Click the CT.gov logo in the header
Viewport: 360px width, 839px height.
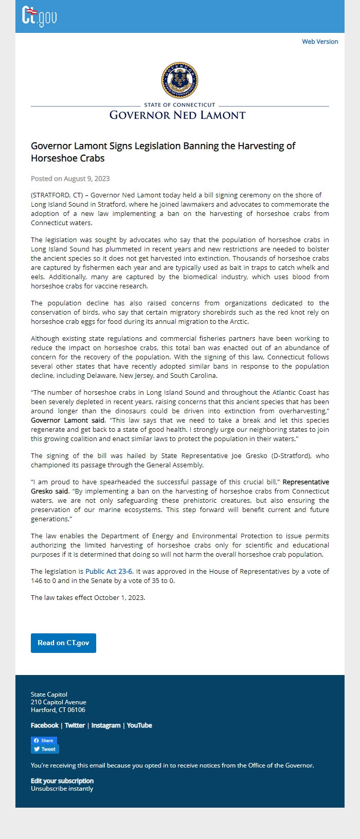[x=39, y=16]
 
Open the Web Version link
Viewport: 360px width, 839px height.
[x=320, y=42]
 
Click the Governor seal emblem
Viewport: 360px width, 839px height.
[x=179, y=80]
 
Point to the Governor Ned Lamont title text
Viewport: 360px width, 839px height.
[x=177, y=115]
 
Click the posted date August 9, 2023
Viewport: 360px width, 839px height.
[x=86, y=179]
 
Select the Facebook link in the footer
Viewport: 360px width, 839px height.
[x=44, y=725]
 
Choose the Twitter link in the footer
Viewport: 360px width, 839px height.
[x=75, y=725]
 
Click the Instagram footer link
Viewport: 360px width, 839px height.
[x=106, y=725]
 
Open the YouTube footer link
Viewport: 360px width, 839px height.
[x=139, y=725]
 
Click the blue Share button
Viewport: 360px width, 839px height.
[x=44, y=740]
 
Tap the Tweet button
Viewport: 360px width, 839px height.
[x=45, y=749]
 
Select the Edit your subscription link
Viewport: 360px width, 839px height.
[x=62, y=781]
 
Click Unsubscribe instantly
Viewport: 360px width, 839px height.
[x=62, y=789]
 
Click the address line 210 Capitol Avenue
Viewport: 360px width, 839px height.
[x=59, y=702]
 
